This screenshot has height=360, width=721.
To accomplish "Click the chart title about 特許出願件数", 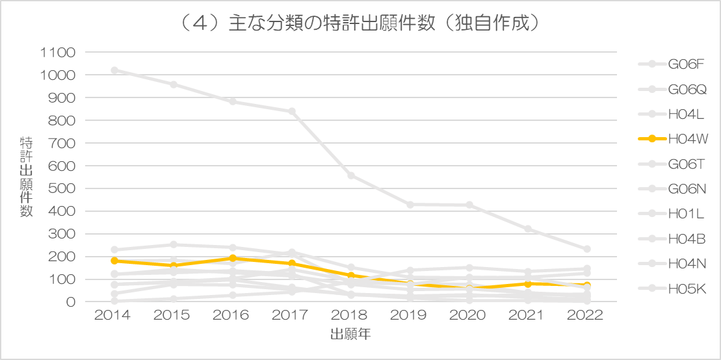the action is click(360, 24).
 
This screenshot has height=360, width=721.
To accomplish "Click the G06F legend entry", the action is click(672, 64).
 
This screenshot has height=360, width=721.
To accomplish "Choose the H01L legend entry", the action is click(672, 213).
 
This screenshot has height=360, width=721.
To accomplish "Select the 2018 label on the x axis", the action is click(351, 316).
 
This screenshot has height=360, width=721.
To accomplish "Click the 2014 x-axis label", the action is click(114, 316).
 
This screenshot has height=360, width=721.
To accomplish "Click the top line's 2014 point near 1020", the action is click(114, 70).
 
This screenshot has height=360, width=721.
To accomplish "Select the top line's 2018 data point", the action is click(351, 175).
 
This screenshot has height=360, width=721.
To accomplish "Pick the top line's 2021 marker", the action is click(528, 229).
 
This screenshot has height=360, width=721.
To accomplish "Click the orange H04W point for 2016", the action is click(233, 259).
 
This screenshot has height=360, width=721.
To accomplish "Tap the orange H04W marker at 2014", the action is click(114, 261).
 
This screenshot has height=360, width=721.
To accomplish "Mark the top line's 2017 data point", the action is click(291, 112).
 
